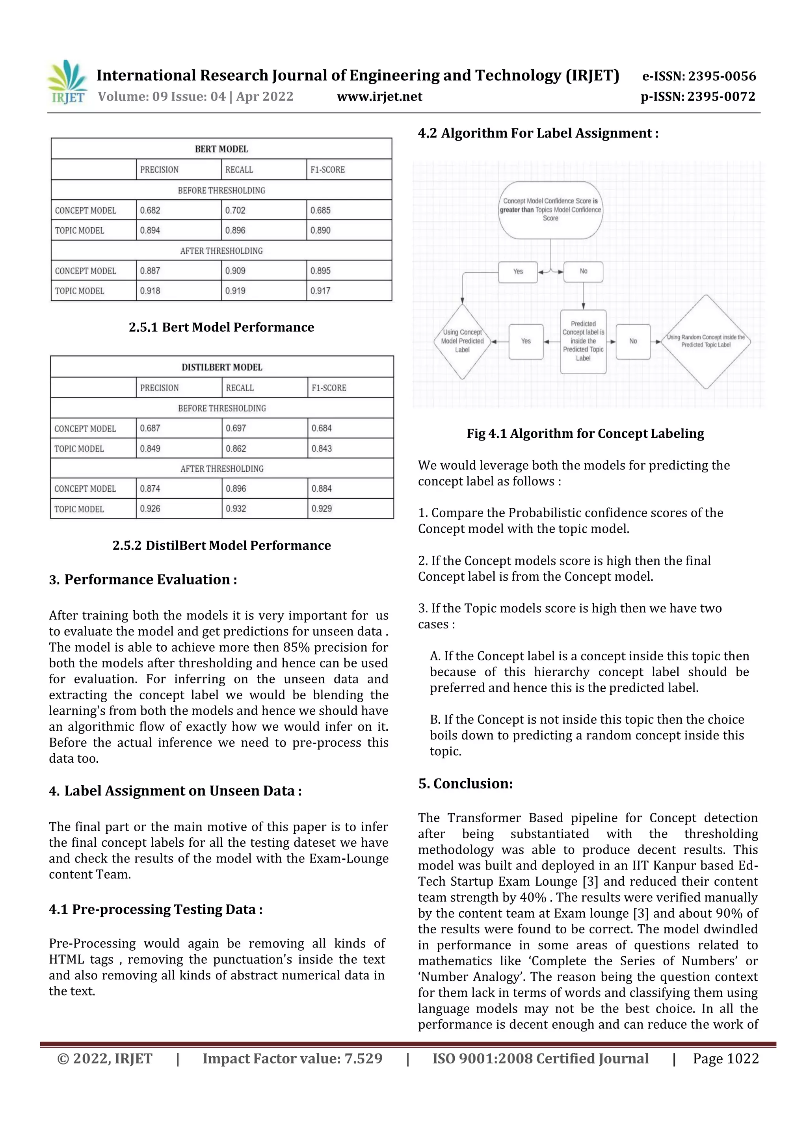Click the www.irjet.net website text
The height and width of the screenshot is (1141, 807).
click(379, 97)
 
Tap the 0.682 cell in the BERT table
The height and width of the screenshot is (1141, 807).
click(150, 210)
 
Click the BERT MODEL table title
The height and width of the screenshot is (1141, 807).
click(221, 149)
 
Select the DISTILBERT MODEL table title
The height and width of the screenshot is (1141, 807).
click(221, 367)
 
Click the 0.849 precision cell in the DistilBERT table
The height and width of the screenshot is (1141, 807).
click(150, 448)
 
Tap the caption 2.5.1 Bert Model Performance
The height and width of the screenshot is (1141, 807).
click(221, 327)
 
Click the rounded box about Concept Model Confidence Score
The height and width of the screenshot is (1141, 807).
click(550, 210)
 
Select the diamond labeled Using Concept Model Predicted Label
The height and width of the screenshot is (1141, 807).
click(462, 342)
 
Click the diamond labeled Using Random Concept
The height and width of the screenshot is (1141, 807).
click(706, 342)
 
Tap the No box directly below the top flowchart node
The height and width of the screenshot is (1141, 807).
click(584, 271)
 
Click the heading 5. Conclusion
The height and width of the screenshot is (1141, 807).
click(466, 784)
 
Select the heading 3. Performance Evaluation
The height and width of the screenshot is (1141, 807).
click(143, 580)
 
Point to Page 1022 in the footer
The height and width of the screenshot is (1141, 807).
click(725, 1059)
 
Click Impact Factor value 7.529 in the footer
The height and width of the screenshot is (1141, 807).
click(292, 1059)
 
